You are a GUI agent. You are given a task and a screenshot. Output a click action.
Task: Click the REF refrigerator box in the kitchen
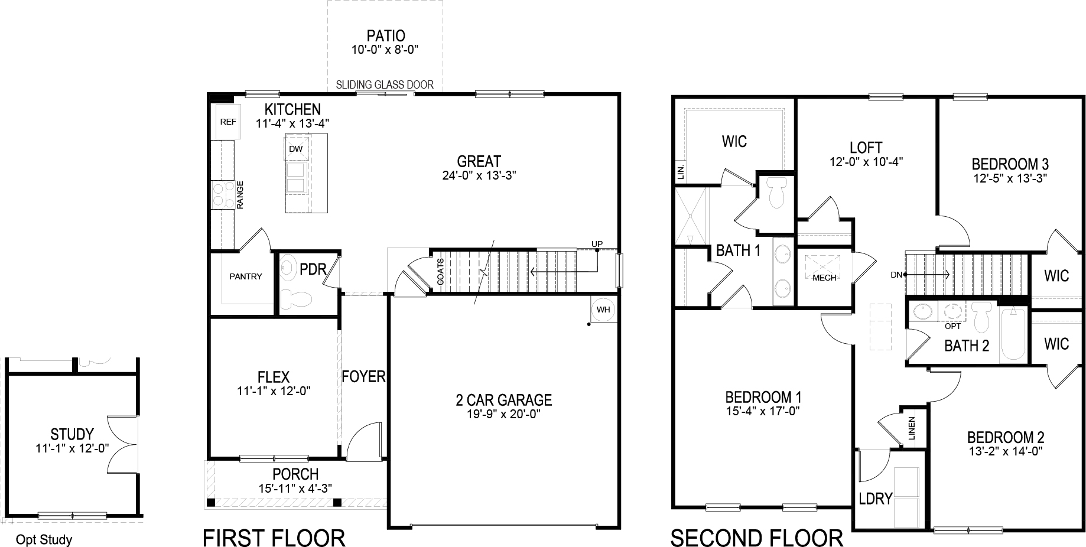tap(227, 122)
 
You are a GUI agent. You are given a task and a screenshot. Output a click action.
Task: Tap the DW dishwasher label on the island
tap(295, 149)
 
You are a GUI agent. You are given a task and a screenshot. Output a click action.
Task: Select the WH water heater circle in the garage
tap(603, 310)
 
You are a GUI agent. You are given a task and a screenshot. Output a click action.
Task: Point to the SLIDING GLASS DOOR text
tap(385, 85)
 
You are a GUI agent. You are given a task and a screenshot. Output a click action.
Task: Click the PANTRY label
tap(245, 276)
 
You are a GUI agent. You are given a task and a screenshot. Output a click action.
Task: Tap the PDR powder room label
tap(313, 269)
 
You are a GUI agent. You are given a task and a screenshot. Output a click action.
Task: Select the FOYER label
tap(363, 376)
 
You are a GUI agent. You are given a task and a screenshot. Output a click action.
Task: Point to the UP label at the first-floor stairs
tap(597, 244)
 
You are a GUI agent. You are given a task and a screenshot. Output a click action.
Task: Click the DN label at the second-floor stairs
tap(897, 275)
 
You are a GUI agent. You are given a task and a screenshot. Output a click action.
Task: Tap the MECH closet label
tap(824, 278)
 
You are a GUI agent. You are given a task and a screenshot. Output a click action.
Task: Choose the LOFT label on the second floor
tap(866, 148)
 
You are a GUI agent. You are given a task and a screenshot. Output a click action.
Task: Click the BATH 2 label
tap(967, 346)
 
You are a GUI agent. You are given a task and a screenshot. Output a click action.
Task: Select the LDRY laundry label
tap(875, 499)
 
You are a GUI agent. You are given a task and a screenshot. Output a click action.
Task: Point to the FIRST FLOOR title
tap(274, 538)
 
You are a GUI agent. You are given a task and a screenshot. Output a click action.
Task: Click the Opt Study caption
tap(44, 539)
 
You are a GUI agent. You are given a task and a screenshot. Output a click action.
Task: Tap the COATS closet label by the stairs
tap(440, 272)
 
